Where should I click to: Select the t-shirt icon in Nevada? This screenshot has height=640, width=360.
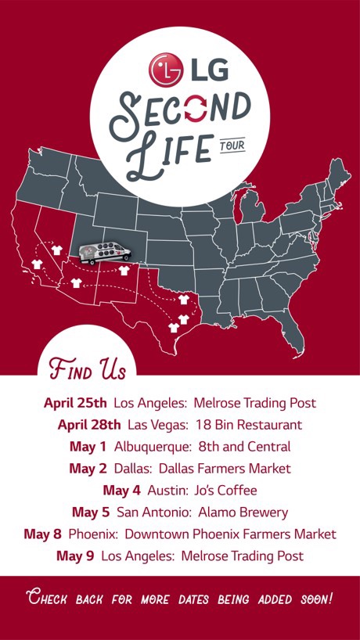click(56, 250)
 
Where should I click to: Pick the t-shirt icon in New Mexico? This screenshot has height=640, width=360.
click(123, 271)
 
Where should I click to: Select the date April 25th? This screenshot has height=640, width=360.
click(75, 404)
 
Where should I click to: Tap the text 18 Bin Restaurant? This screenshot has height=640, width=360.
click(252, 426)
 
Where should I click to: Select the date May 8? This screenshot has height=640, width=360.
click(42, 534)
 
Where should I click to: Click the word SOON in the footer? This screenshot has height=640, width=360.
click(316, 599)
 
